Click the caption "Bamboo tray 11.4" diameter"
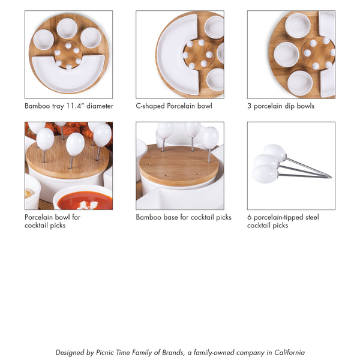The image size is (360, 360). [x=69, y=106]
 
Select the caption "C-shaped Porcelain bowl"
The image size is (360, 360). [x=174, y=106]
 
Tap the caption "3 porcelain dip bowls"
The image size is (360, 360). [x=281, y=106]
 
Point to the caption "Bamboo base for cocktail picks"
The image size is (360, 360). [x=184, y=217]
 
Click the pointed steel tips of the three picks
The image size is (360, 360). [x=327, y=176]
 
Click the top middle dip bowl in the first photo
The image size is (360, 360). [x=67, y=27]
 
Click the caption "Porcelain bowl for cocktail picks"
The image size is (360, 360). [x=52, y=221]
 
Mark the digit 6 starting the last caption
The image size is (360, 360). [x=249, y=217]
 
